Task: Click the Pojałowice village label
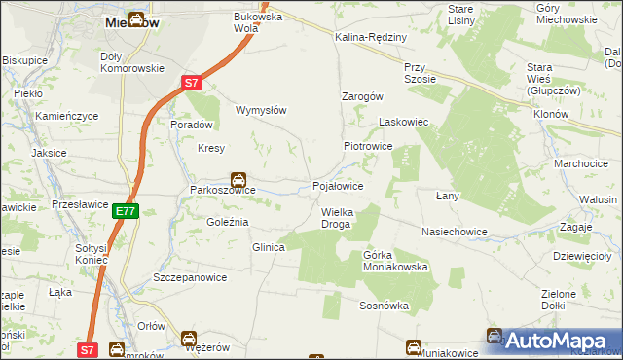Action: pyautogui.click(x=338, y=185)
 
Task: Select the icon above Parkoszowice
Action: pyautogui.click(x=238, y=179)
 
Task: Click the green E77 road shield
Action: pyautogui.click(x=125, y=210)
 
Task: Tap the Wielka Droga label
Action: pyautogui.click(x=336, y=217)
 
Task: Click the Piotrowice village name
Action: pyautogui.click(x=367, y=145)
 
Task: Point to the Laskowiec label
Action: pyautogui.click(x=403, y=124)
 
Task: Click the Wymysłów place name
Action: pyautogui.click(x=261, y=110)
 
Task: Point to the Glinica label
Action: pyautogui.click(x=268, y=247)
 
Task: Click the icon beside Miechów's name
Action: pyautogui.click(x=136, y=18)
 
